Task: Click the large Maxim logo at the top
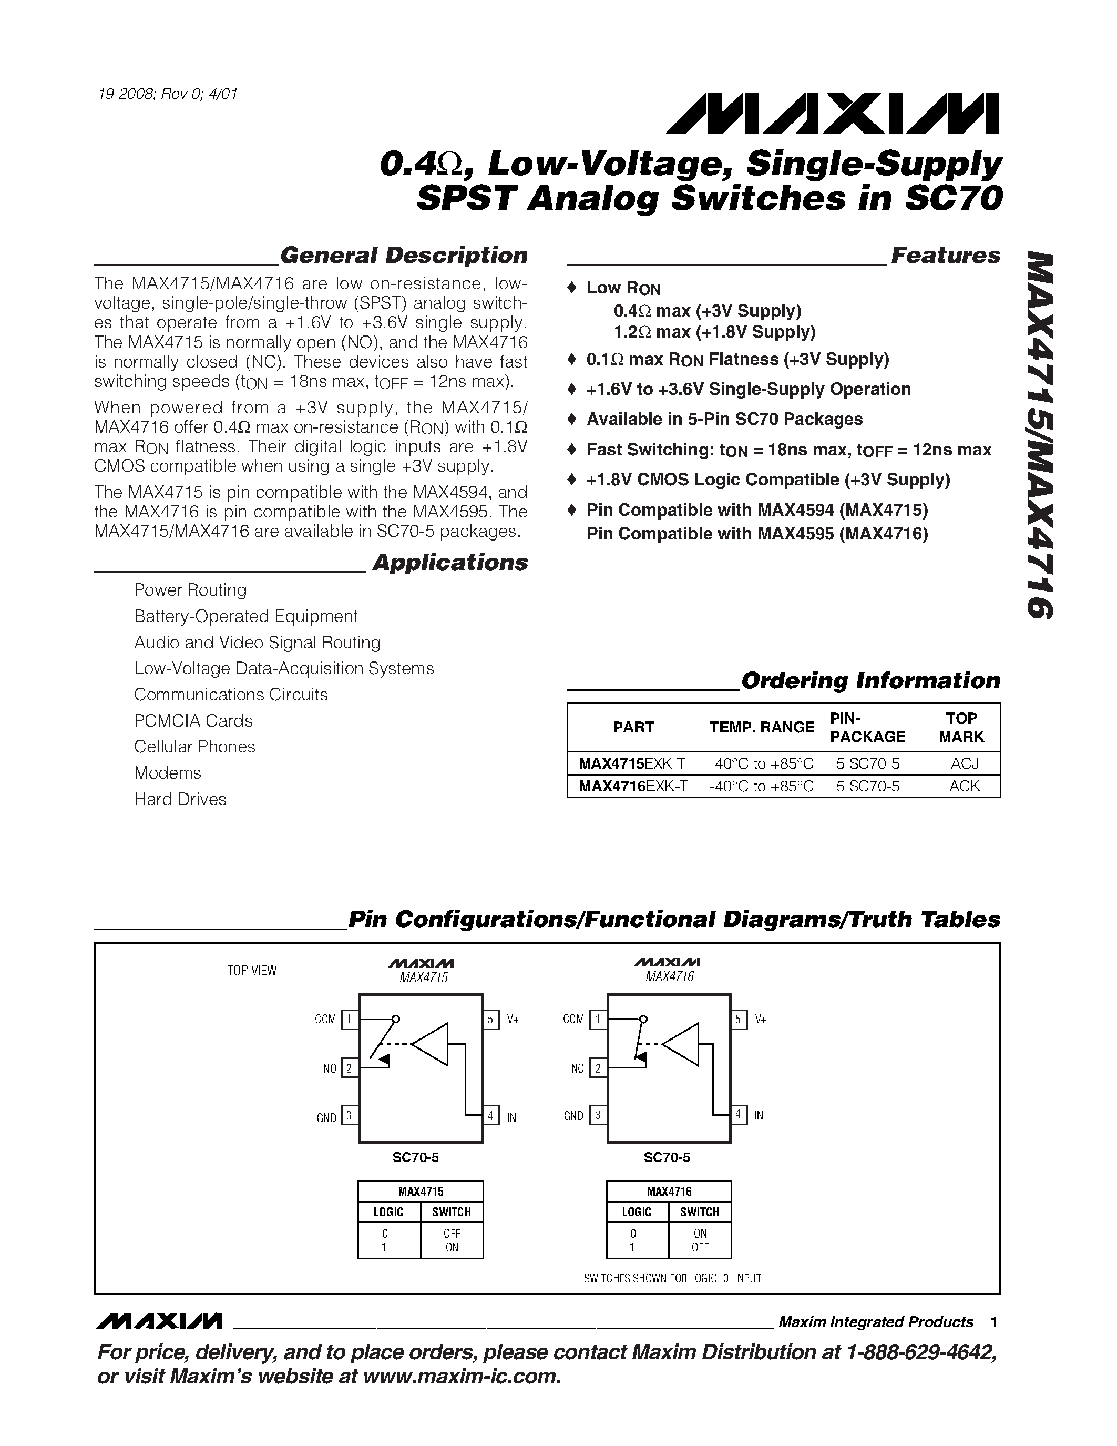pos(833,113)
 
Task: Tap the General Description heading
pos(404,256)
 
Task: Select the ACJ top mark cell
pos(964,763)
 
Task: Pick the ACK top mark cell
pos(964,786)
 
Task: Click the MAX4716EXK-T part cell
pos(633,786)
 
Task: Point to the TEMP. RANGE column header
pos(762,727)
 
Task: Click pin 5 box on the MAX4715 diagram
pos(490,1019)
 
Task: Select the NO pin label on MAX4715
pos(330,1068)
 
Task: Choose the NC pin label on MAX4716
pos(578,1068)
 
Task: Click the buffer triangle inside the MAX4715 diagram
pos(432,1044)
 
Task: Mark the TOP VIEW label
pos(252,971)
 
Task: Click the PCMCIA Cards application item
pos(193,720)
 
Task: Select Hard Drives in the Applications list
pos(180,799)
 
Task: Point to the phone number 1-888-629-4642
pos(921,1352)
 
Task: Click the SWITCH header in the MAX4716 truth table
pos(700,1213)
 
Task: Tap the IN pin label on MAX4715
pos(511,1117)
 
